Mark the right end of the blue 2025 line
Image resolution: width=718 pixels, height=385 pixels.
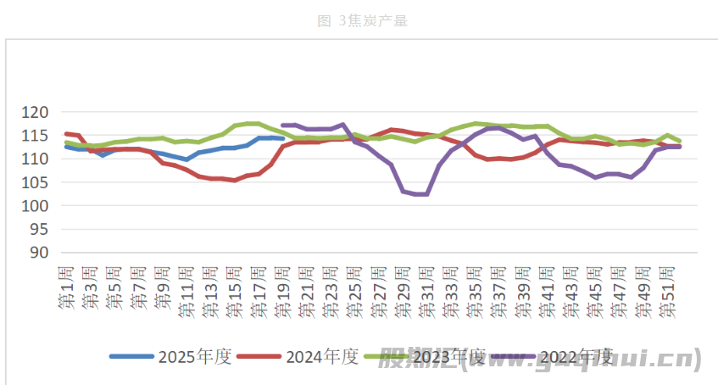tap(282, 138)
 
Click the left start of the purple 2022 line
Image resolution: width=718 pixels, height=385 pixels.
tap(283, 125)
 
